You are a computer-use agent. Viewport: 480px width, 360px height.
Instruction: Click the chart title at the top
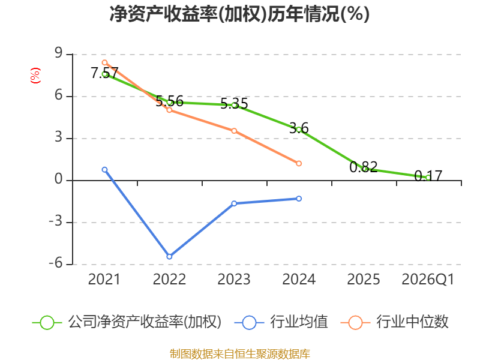click(239, 14)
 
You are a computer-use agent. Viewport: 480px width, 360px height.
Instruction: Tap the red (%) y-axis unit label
click(35, 76)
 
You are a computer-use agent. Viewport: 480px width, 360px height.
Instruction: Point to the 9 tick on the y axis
click(58, 53)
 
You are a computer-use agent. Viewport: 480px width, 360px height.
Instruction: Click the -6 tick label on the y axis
click(56, 263)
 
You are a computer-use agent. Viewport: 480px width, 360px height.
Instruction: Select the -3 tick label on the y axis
click(56, 221)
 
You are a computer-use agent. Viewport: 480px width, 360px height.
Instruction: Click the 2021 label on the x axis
click(104, 279)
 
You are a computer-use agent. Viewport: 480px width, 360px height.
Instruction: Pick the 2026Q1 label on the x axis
click(428, 279)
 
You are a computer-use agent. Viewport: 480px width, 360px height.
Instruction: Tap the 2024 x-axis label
click(298, 279)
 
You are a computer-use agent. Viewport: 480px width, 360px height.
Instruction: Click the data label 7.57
click(104, 73)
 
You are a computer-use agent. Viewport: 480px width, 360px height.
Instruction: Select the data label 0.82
click(364, 167)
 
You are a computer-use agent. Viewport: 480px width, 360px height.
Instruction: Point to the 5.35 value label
click(234, 104)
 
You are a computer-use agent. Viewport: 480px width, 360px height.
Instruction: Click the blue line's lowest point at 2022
click(169, 257)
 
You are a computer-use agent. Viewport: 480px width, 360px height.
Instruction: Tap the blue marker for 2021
click(104, 170)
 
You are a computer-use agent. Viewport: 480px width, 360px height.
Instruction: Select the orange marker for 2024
click(299, 163)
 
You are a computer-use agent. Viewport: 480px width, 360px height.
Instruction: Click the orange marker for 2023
click(234, 131)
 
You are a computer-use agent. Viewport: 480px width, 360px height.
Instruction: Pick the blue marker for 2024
click(299, 199)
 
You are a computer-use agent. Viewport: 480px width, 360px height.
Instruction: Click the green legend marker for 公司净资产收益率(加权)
click(47, 323)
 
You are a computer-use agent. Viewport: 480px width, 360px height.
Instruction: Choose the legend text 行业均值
click(299, 322)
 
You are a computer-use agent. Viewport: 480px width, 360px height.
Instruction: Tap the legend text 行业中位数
click(412, 322)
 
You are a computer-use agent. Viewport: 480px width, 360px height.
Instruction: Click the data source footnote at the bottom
click(239, 354)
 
